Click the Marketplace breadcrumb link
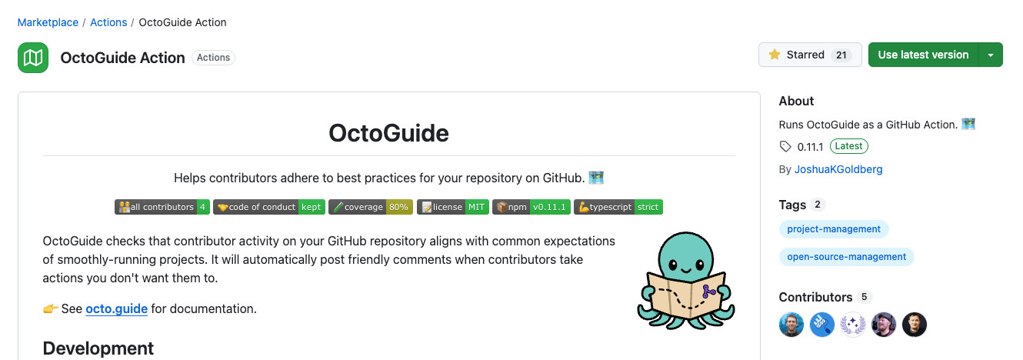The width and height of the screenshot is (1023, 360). pos(48,22)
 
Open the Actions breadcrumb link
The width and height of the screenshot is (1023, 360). pos(108,22)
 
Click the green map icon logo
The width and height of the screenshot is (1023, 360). pos(33,58)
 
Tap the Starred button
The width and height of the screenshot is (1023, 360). pos(810,55)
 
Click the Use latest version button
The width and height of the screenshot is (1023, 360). pos(924,55)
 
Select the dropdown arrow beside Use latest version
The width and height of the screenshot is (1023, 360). pos(991,55)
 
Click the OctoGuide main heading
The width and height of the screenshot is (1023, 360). pos(388,133)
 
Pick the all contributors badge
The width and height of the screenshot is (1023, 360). pos(162,207)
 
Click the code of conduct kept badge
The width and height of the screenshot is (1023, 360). pos(269,207)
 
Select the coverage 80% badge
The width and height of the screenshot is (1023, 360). pos(371,207)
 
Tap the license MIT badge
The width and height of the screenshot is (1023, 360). pos(453,207)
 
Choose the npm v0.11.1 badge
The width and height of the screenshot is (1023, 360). pos(531,207)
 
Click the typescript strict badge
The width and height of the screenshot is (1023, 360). pos(618,207)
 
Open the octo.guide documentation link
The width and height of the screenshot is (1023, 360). pos(116,308)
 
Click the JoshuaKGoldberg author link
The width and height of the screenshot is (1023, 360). pos(838,169)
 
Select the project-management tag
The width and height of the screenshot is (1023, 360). pos(834,229)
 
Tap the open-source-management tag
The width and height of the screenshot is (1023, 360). pos(847,257)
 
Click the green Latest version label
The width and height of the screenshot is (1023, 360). pos(849,146)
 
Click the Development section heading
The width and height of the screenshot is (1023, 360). pos(98,348)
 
